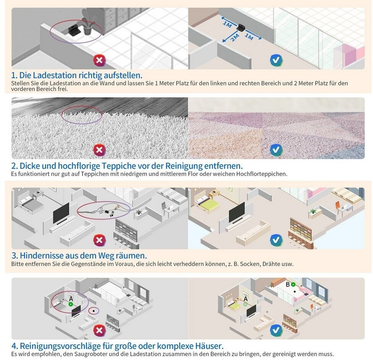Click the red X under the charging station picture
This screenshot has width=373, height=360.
tap(100, 60)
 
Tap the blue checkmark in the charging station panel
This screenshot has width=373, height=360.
tap(276, 60)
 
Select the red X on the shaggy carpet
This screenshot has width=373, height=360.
tap(100, 149)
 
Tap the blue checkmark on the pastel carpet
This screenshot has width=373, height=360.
tap(276, 149)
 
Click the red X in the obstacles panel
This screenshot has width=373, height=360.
tap(100, 240)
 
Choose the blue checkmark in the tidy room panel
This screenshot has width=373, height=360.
tap(276, 240)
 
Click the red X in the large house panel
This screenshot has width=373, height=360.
tap(100, 330)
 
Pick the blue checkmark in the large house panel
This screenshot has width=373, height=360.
tap(276, 330)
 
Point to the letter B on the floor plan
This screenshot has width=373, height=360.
tap(288, 284)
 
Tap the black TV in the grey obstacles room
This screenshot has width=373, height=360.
tap(61, 213)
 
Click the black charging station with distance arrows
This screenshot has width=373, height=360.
tap(241, 27)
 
